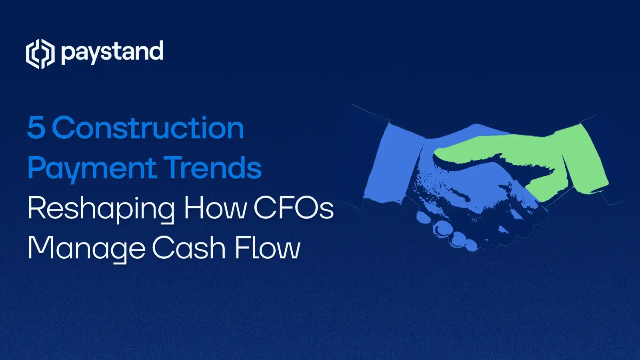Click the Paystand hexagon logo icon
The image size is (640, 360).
40,54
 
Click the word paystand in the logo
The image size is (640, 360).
112,52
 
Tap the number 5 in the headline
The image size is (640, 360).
36,128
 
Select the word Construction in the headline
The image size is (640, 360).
148,128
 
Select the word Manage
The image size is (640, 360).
86,248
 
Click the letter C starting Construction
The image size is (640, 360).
64,128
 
